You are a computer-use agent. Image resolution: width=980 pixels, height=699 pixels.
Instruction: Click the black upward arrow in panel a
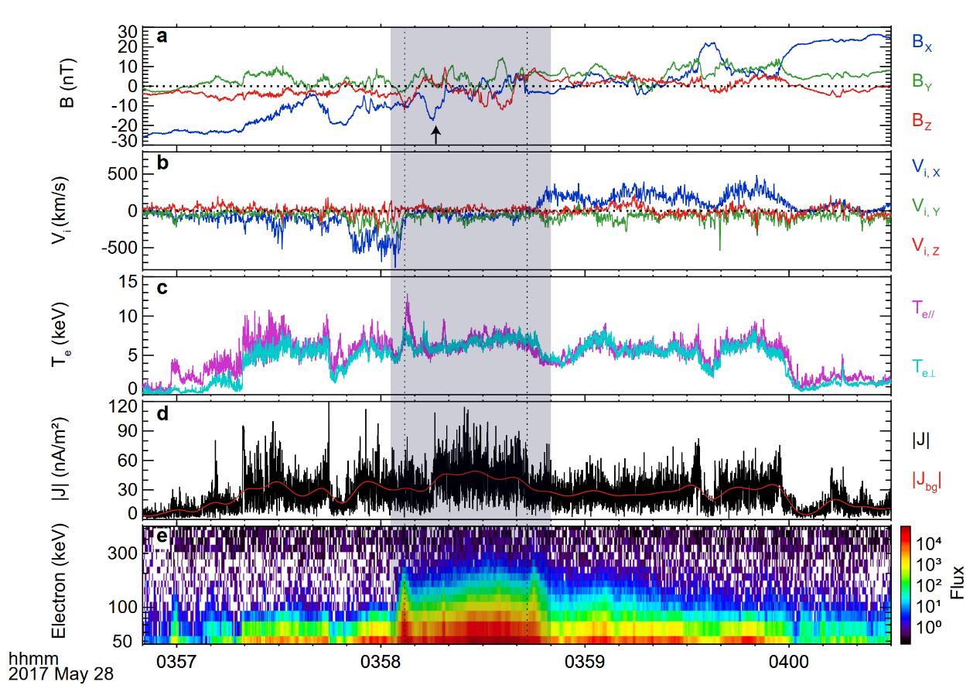[x=435, y=135]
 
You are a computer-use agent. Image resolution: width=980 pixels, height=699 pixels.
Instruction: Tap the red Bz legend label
[x=920, y=120]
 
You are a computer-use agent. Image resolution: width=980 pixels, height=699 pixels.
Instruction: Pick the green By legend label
[x=920, y=82]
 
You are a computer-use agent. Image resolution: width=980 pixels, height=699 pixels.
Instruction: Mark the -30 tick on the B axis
[x=128, y=141]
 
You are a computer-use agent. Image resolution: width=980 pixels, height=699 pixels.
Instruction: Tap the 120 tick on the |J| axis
[x=124, y=406]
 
